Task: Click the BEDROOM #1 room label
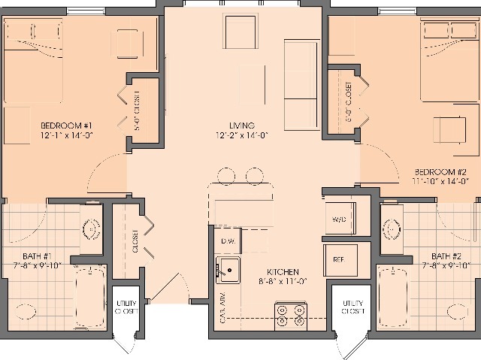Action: [x=66, y=125]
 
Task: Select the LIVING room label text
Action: [x=242, y=125]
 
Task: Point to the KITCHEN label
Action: [x=283, y=271]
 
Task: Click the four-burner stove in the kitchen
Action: [x=290, y=314]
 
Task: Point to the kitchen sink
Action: [x=228, y=268]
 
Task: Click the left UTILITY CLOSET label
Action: [x=126, y=307]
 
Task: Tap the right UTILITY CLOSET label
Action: [x=352, y=307]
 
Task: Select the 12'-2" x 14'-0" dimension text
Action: [x=242, y=136]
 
